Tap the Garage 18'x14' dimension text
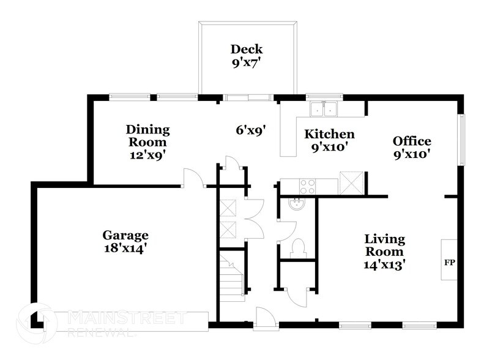pyautogui.click(x=125, y=249)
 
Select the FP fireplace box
pyautogui.click(x=449, y=260)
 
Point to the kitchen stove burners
pyautogui.click(x=307, y=186)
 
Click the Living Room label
pyautogui.click(x=384, y=245)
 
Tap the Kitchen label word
pyautogui.click(x=330, y=134)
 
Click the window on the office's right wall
pyautogui.click(x=462, y=139)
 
